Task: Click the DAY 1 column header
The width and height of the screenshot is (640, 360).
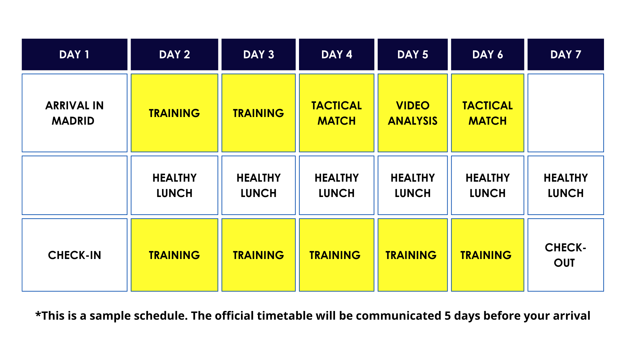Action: [x=75, y=54]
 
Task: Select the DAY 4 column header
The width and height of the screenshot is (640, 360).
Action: [x=337, y=54]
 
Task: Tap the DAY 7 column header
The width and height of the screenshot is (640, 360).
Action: [x=566, y=54]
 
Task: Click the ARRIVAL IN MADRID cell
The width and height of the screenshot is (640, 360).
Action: [x=75, y=113]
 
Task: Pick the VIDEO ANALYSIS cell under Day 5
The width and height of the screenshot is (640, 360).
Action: [x=413, y=113]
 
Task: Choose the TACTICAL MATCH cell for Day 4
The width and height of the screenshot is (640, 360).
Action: [x=337, y=113]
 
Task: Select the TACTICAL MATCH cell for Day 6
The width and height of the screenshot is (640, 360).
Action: [x=488, y=113]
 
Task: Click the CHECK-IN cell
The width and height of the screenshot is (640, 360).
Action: [x=75, y=255]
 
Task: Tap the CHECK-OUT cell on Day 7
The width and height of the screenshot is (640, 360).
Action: [x=566, y=255]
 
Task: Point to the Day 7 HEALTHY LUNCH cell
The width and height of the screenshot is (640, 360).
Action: [x=566, y=185]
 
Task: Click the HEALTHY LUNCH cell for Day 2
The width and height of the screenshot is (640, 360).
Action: [x=174, y=185]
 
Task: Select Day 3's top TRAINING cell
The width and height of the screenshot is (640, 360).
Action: [x=259, y=113]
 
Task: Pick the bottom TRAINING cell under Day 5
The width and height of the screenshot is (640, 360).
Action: [x=413, y=255]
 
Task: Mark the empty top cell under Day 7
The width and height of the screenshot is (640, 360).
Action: [x=566, y=113]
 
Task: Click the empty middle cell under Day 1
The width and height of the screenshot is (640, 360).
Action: [x=75, y=185]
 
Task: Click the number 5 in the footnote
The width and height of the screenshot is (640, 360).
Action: [x=448, y=316]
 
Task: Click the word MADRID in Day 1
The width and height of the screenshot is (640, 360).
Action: [x=73, y=121]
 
